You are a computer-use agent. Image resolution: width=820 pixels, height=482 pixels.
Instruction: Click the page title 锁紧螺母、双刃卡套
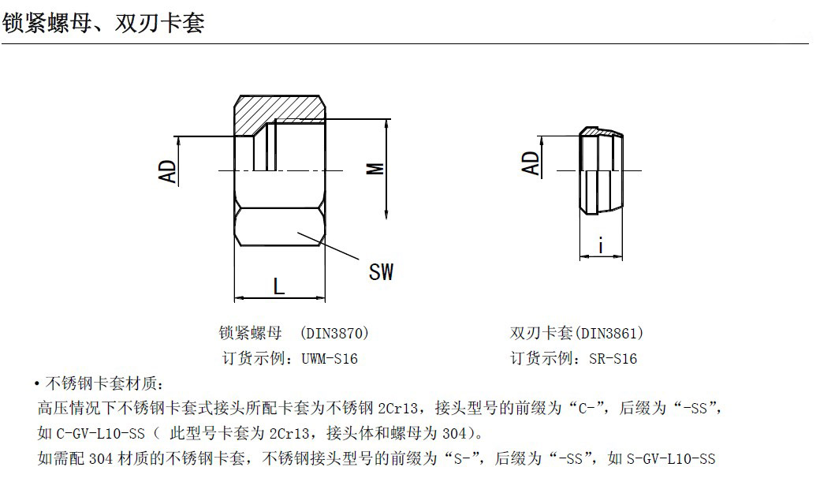103,23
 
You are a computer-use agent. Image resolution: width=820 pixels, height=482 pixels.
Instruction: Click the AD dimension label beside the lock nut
167,171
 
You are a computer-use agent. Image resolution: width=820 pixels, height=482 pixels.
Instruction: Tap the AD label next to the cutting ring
530,163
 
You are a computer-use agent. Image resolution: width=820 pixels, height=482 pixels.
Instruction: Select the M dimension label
375,169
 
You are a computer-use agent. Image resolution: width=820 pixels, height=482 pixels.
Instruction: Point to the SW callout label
381,272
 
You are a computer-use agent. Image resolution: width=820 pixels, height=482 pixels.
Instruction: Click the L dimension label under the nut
279,286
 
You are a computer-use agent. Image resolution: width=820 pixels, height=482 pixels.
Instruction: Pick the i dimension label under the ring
601,245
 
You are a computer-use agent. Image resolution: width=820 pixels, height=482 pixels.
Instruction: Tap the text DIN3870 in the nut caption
334,333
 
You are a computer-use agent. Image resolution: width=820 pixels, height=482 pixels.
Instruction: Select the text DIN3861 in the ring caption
609,333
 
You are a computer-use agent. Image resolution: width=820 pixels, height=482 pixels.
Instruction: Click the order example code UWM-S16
330,359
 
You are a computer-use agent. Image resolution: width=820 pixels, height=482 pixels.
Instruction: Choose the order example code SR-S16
613,359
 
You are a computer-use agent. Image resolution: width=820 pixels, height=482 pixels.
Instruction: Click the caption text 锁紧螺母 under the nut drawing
250,333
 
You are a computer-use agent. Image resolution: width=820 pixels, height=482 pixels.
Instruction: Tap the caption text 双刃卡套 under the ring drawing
541,333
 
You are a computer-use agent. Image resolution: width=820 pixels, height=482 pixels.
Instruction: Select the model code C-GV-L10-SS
100,433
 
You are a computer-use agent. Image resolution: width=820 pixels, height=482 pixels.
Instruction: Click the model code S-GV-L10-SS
671,459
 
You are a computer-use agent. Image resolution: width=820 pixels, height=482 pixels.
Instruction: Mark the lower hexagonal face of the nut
280,226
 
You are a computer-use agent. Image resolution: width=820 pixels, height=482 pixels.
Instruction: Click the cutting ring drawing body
601,170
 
